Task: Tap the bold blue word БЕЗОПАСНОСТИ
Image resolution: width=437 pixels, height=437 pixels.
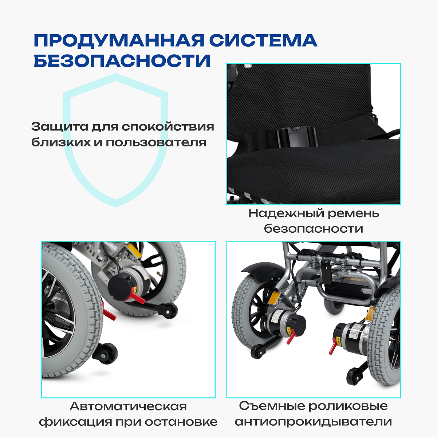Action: click(x=122, y=61)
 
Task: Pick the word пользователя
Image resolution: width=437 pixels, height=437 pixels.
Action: click(x=156, y=143)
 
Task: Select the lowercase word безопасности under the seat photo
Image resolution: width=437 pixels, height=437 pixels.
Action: click(x=314, y=228)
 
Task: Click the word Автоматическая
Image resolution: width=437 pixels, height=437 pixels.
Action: click(x=128, y=406)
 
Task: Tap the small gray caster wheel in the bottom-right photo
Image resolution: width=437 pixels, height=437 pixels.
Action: click(x=333, y=306)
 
